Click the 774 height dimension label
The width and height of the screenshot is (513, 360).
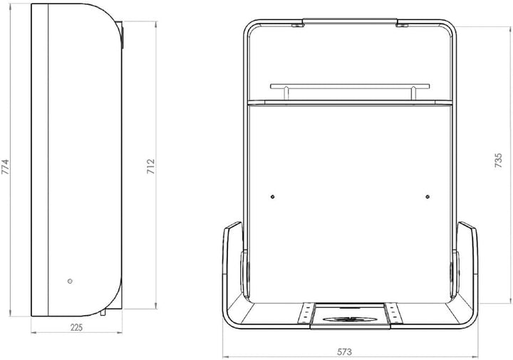click(6, 167)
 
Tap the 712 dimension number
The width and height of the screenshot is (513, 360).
click(150, 166)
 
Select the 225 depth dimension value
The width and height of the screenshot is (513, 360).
click(76, 327)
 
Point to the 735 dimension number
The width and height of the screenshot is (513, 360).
click(498, 160)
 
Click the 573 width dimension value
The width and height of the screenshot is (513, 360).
click(345, 352)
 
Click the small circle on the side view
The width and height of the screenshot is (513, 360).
click(70, 281)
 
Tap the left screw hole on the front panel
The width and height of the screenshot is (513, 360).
click(272, 197)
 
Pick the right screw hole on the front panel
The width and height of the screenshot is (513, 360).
click(427, 197)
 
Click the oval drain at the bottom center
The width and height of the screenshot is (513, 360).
click(350, 319)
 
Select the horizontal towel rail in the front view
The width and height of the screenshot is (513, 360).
click(350, 86)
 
